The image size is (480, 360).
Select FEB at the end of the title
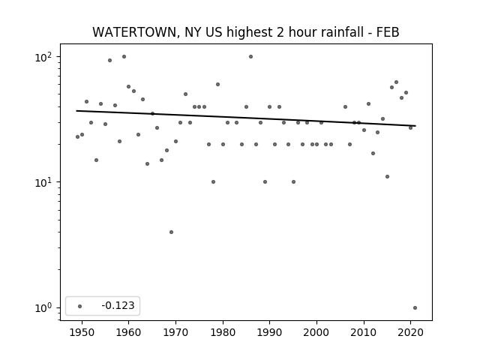(x=388, y=32)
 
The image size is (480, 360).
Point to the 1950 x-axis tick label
(x=82, y=332)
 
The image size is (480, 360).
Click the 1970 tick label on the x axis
(x=175, y=332)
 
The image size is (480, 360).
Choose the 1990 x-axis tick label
(x=270, y=332)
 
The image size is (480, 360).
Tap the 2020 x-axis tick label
(x=411, y=332)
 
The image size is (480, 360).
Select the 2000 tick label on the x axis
(x=316, y=332)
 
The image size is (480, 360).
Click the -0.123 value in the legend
(x=118, y=305)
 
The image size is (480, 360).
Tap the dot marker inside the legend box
(x=80, y=306)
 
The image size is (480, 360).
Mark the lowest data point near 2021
(x=415, y=308)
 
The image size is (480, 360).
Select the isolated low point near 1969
(x=172, y=232)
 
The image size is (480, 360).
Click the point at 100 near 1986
(x=251, y=57)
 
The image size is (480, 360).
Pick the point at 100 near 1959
(x=124, y=57)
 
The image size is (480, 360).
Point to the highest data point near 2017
(x=397, y=82)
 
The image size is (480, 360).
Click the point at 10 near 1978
(x=213, y=181)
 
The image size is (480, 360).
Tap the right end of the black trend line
(x=415, y=126)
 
